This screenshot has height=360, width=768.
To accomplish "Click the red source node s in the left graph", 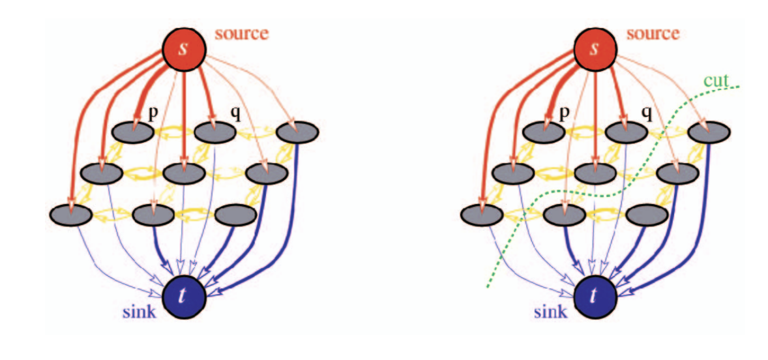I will pyautogui.click(x=185, y=50).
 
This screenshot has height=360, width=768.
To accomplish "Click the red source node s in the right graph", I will pyautogui.click(x=595, y=50).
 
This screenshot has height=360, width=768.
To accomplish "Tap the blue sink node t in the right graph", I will pyautogui.click(x=594, y=295).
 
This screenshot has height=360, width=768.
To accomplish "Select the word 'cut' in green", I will pyautogui.click(x=716, y=81).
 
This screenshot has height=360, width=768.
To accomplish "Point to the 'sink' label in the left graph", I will pyautogui.click(x=139, y=312).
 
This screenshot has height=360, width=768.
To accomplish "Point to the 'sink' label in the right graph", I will pyautogui.click(x=549, y=312).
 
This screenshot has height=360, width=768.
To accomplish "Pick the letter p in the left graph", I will pyautogui.click(x=153, y=112).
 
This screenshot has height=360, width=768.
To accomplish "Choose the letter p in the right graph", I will pyautogui.click(x=563, y=112).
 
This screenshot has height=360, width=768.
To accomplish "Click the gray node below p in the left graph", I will pyautogui.click(x=132, y=132).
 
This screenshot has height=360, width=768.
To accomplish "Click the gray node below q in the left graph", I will pyautogui.click(x=215, y=132).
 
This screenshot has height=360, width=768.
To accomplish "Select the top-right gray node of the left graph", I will pyautogui.click(x=297, y=132).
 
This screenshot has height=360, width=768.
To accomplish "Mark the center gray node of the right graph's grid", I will pyautogui.click(x=593, y=173).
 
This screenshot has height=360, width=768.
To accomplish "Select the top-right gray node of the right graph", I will pyautogui.click(x=707, y=132).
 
